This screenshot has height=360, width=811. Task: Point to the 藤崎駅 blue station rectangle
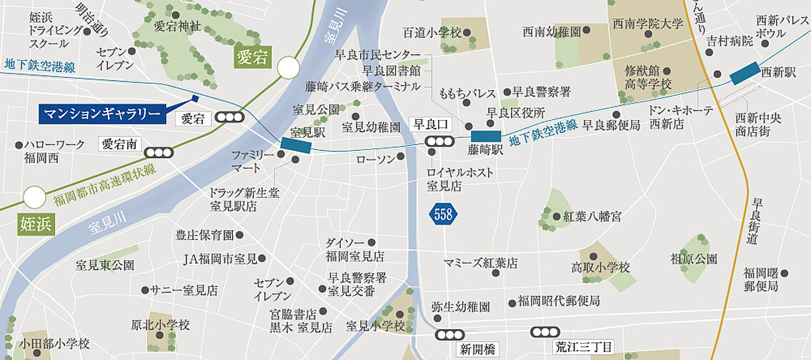point(486,136)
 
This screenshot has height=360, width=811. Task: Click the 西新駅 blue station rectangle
point(745,71)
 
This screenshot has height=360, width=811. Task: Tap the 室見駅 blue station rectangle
point(297,145)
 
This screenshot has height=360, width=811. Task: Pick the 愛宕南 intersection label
point(119,144)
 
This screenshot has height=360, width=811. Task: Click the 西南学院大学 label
point(647,24)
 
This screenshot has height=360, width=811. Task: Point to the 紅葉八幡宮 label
point(592,216)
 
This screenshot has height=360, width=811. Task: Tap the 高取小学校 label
point(600,268)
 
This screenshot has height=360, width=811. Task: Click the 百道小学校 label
point(432,33)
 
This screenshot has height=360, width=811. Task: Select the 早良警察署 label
point(541,92)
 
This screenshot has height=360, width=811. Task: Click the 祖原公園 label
point(694,259)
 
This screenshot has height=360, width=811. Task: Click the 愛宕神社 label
point(177,26)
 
